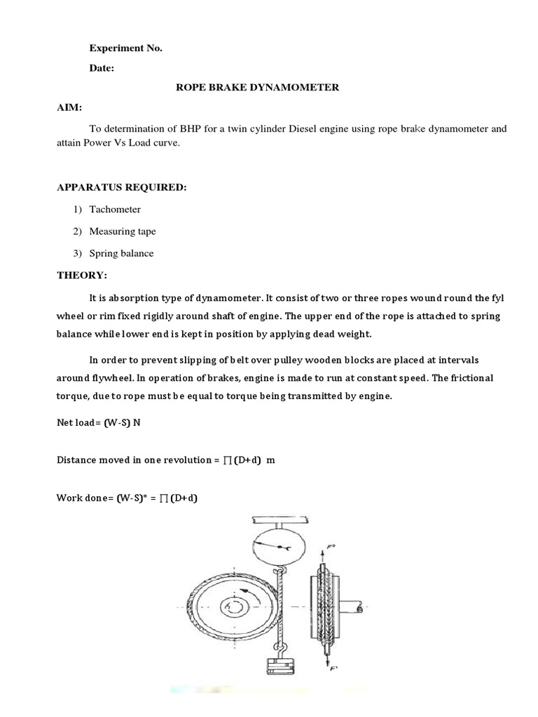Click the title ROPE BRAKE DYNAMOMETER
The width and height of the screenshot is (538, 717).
(x=256, y=88)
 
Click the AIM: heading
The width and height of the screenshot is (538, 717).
(x=69, y=108)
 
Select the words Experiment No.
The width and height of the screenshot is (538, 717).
(x=125, y=48)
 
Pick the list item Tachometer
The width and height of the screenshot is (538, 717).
(x=115, y=209)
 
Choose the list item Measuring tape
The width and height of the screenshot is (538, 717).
(x=123, y=231)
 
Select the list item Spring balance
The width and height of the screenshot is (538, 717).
(x=121, y=253)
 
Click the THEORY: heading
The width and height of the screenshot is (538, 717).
(x=82, y=275)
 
